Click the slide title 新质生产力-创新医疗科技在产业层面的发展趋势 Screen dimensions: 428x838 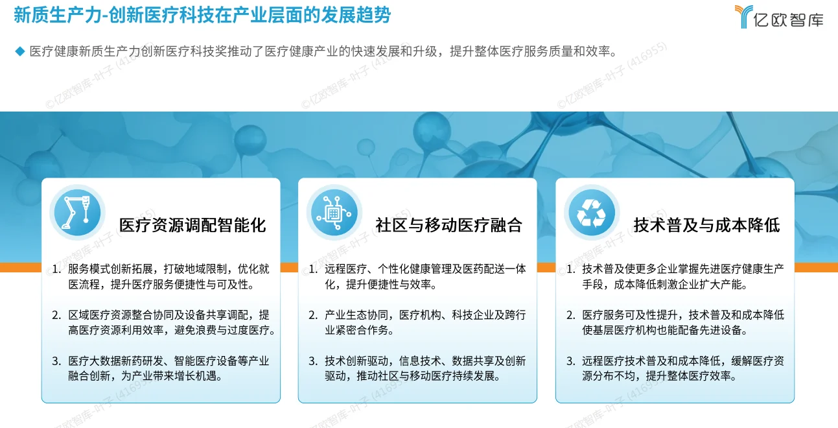coord(202,16)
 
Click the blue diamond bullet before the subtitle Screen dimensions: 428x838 coord(19,51)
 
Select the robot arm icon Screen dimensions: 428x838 coord(76,213)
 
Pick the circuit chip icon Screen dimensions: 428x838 coord(334,213)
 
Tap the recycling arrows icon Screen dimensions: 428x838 coord(591,213)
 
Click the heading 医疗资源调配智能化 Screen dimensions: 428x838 coord(192,225)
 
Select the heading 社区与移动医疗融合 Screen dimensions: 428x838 coord(448,225)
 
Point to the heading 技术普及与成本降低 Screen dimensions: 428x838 coord(706,225)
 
